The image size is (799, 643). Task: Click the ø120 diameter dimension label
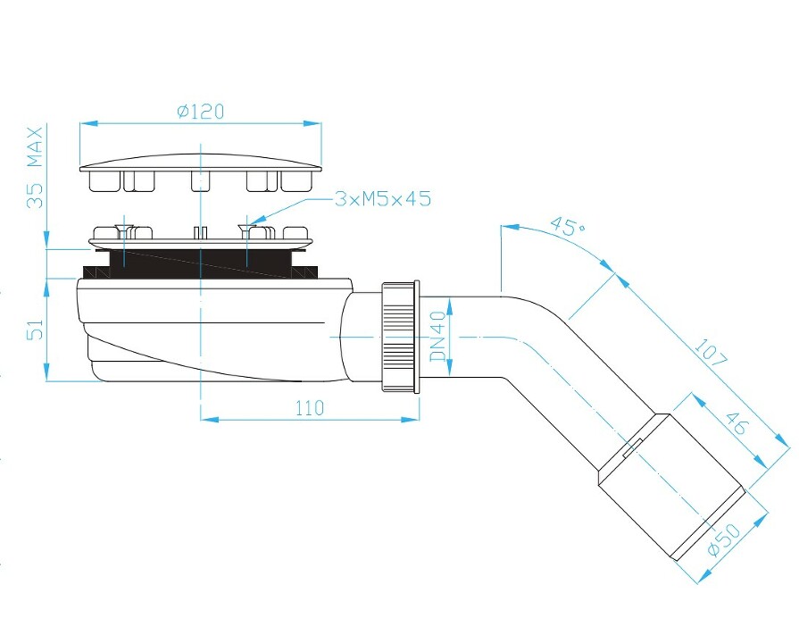pos(200,111)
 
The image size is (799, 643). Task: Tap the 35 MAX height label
pos(35,168)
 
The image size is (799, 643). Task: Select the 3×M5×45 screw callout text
pos(383,198)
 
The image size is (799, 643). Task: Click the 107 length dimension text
pos(710,353)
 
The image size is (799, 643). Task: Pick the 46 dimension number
pos(736,422)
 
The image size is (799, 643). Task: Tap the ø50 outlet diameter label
pos(724,540)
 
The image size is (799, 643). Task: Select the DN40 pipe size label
pos(437,337)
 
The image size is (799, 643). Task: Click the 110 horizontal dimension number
pos(309,408)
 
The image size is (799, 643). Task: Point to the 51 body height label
pos(35,330)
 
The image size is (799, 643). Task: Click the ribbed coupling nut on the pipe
pos(400,337)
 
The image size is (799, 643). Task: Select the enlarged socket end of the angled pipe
pos(671,487)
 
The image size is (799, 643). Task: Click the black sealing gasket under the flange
pos(200,264)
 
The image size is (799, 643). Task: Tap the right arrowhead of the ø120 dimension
pos(312,123)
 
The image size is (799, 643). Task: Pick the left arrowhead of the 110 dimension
pos(210,419)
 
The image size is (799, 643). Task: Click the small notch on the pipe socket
pos(632,447)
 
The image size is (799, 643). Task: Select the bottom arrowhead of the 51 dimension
pos(46,372)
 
